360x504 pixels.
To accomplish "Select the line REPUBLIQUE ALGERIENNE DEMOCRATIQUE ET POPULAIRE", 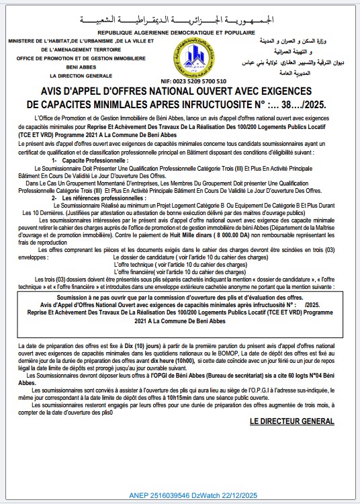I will pos(180,32).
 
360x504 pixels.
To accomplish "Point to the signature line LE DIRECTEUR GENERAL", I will pos(291,421).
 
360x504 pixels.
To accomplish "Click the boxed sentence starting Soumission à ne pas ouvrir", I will pos(180,296).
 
